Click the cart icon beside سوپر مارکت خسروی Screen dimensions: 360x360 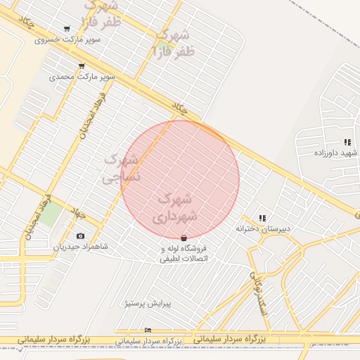(67, 30)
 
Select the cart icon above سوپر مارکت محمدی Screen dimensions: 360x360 (82, 67)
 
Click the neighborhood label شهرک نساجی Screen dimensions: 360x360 (122, 169)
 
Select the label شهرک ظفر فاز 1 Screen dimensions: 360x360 (172, 42)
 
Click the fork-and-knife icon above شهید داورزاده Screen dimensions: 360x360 (347, 142)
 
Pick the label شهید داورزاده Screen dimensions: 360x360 (336, 153)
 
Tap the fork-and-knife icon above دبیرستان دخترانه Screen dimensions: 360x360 (262, 219)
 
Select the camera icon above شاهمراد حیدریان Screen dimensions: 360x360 (80, 236)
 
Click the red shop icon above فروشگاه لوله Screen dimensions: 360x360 (184, 238)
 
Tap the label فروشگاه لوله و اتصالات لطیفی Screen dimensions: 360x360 (184, 254)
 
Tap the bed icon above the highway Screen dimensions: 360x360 (147, 330)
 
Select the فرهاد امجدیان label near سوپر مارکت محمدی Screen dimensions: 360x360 (92, 115)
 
